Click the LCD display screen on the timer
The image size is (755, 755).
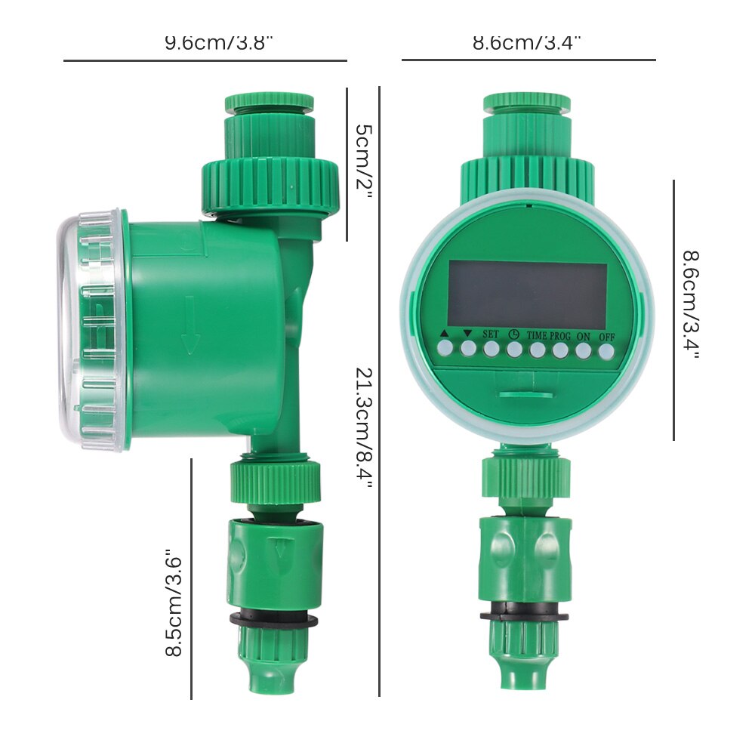[x=527, y=295]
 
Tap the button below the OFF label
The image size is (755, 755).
[x=606, y=350]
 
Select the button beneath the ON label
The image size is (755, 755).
[x=583, y=350]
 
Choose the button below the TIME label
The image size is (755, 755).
[x=537, y=350]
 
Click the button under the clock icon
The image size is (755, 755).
[x=514, y=350]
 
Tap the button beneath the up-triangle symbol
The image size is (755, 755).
[x=445, y=349]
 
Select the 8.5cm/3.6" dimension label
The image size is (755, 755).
[x=175, y=603]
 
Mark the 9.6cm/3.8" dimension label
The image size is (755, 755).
[x=219, y=42]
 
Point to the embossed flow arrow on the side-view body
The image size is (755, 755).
[x=190, y=325]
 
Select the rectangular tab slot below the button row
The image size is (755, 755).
[x=524, y=393]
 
